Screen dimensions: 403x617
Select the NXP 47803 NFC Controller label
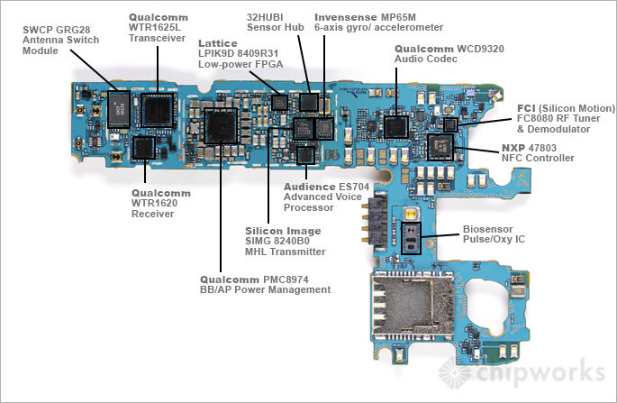coord(537,152)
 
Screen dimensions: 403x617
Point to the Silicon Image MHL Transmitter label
coord(285,241)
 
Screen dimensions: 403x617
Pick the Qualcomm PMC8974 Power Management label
coord(265,284)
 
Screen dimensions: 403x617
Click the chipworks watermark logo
coord(522,371)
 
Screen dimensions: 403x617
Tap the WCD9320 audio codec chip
coord(395,125)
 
